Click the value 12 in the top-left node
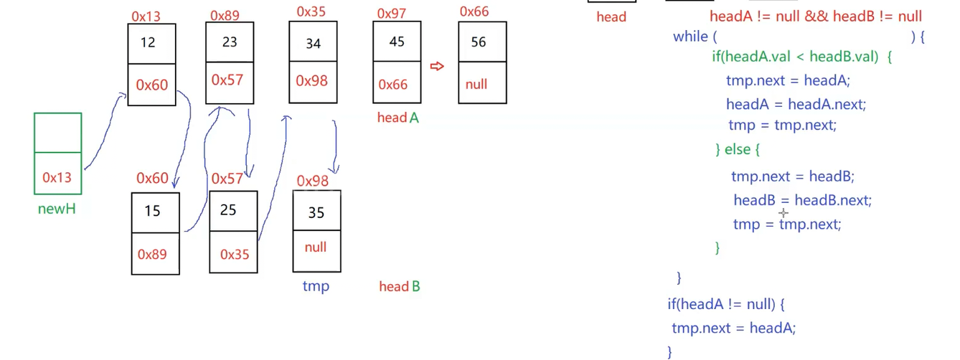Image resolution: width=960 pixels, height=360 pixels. pos(148,42)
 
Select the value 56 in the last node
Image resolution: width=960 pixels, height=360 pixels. pos(479,42)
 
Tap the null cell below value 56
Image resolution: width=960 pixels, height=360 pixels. pos(476,84)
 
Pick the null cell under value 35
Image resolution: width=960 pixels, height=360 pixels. pos(316,247)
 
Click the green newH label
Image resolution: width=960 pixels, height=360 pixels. pos(57,209)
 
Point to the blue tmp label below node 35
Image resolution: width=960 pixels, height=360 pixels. pos(316,286)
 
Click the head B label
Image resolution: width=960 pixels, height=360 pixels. pos(400,287)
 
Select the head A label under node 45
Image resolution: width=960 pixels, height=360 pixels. pos(397,118)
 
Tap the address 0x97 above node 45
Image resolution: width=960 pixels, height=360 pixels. pos(391,14)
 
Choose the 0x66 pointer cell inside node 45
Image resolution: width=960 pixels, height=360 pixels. pos(393,85)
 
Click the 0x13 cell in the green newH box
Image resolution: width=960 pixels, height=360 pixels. pos(57,177)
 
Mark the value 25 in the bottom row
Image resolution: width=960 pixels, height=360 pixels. pos(228,211)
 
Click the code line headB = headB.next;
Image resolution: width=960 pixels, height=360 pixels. pos(802,200)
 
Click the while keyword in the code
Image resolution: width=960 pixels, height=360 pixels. pos(690,36)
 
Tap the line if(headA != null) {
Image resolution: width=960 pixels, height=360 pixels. pos(726,304)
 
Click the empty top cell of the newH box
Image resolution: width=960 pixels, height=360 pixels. pos(57,133)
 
